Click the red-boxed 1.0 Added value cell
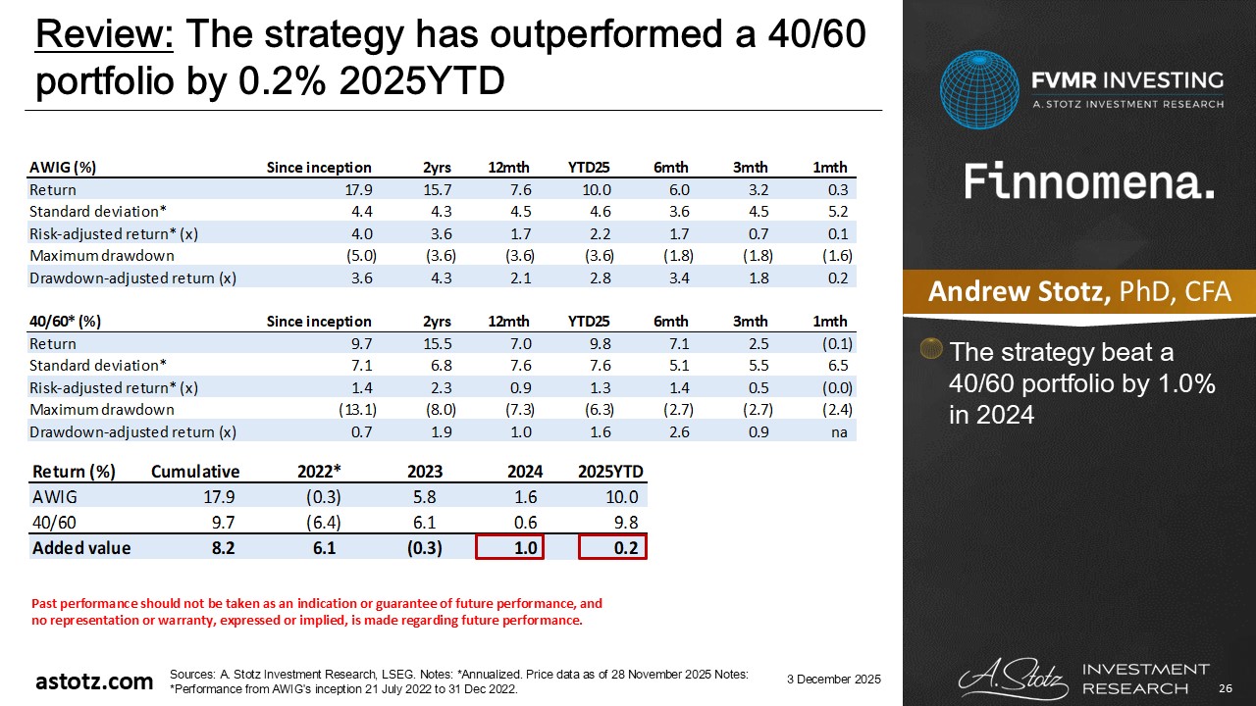click(509, 548)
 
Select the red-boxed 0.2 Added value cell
click(612, 548)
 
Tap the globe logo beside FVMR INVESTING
click(978, 90)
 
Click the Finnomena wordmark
click(1089, 183)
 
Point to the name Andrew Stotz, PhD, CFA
click(1079, 292)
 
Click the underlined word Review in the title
click(104, 36)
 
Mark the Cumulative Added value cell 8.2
click(224, 548)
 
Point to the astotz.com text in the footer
click(94, 681)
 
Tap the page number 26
click(1226, 687)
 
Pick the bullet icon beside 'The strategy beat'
click(932, 350)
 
